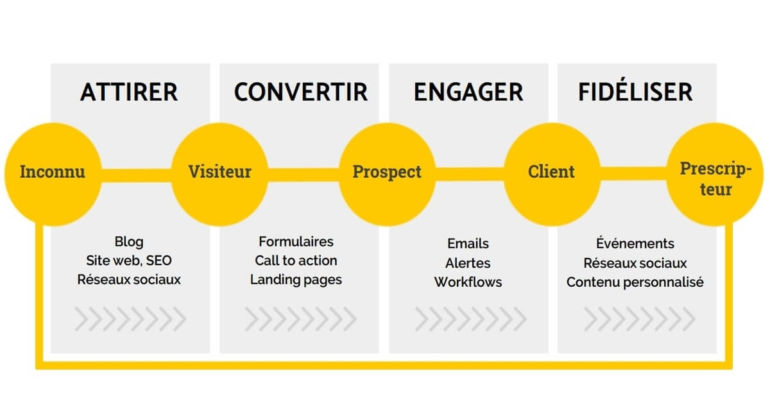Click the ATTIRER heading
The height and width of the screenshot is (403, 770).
click(129, 92)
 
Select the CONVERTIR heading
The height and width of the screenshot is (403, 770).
click(301, 92)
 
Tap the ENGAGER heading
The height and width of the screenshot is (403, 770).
click(468, 92)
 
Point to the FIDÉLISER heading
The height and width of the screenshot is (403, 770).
click(635, 92)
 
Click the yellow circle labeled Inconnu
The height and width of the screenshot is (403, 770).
click(52, 173)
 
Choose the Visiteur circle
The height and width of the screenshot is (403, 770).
click(219, 173)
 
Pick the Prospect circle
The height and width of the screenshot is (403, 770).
click(387, 173)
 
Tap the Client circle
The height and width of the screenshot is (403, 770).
click(551, 173)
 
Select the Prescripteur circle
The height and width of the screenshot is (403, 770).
click(715, 179)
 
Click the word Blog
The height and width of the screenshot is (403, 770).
click(129, 242)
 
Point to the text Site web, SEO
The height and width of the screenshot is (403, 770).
click(129, 261)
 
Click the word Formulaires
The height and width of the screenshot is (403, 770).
click(296, 242)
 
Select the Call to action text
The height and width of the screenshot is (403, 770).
click(296, 261)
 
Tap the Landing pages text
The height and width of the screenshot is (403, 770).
click(296, 280)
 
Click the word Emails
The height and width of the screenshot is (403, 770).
click(468, 244)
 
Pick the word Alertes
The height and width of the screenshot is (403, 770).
click(468, 263)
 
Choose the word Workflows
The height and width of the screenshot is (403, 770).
click(468, 282)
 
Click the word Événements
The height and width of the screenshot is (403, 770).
click(635, 243)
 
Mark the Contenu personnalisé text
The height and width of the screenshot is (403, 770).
click(635, 282)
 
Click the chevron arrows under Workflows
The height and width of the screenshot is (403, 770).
click(470, 318)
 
